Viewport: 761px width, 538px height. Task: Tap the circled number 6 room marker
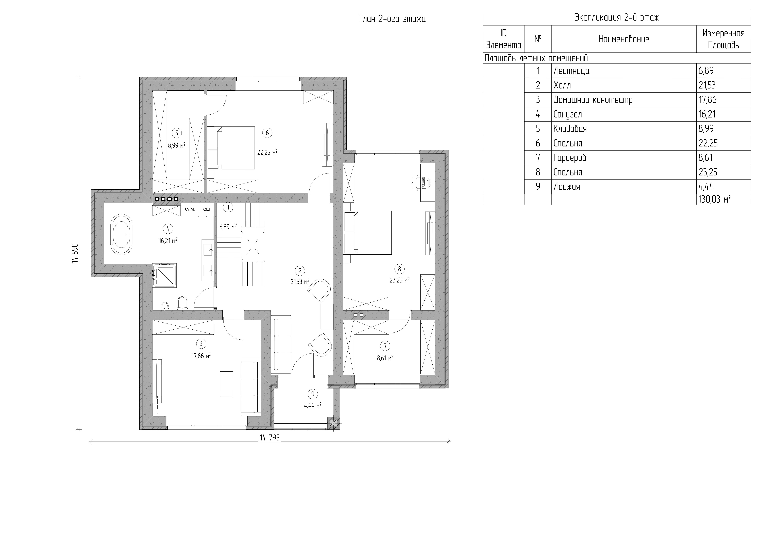coord(267,133)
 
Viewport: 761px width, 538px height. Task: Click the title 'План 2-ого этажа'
coord(392,19)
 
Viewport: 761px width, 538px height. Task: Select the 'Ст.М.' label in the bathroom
coord(190,209)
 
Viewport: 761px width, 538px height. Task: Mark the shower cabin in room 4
coord(164,275)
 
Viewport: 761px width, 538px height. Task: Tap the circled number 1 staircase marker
coord(228,207)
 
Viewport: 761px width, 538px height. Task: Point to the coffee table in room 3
coord(226,384)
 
